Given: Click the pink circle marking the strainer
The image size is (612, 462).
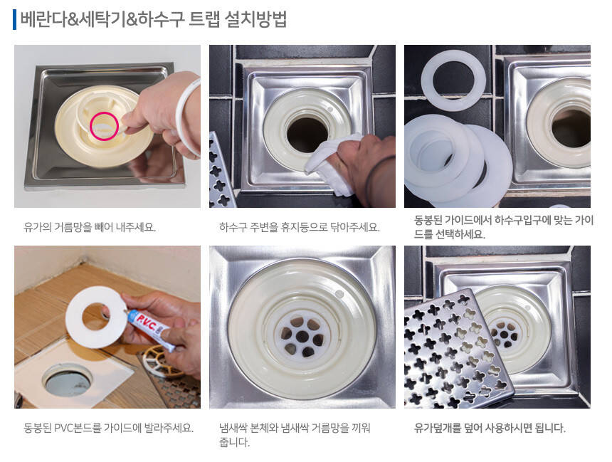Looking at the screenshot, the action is click(91, 126).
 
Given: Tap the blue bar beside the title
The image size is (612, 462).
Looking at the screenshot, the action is click(14, 19).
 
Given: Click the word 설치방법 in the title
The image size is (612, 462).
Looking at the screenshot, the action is click(255, 19).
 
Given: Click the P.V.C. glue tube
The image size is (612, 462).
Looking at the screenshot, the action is click(149, 326).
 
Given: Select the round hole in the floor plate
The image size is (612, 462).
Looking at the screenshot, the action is click(67, 379).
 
